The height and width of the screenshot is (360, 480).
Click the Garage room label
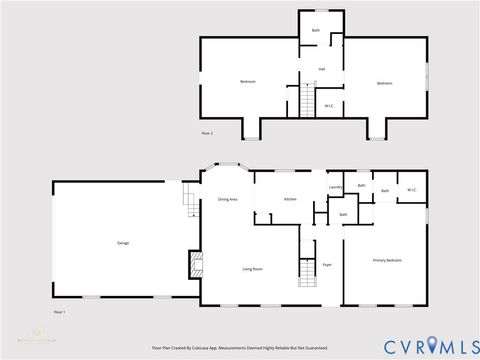[122, 243]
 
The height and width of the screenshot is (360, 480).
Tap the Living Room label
[252, 269]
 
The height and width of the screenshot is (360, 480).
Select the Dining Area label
[228, 200]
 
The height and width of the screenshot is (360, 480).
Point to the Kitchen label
[290, 200]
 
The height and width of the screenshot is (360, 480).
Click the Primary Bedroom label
[387, 260]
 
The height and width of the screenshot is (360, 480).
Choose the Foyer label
[327, 264]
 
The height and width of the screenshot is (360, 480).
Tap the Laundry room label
[336, 187]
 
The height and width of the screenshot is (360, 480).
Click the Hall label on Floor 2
[322, 69]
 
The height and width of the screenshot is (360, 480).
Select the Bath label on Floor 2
[316, 30]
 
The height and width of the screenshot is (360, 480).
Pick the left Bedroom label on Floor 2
[247, 81]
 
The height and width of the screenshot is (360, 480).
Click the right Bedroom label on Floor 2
[385, 83]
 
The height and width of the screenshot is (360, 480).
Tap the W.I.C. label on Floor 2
[329, 105]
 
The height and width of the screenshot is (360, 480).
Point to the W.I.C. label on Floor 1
[411, 190]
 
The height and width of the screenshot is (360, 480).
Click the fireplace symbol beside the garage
[197, 265]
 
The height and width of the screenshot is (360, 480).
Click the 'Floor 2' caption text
[207, 133]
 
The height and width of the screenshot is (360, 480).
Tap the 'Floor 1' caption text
[59, 312]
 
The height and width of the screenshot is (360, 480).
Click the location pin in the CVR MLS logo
[432, 345]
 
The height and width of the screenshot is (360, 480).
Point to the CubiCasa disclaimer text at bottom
[240, 348]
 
